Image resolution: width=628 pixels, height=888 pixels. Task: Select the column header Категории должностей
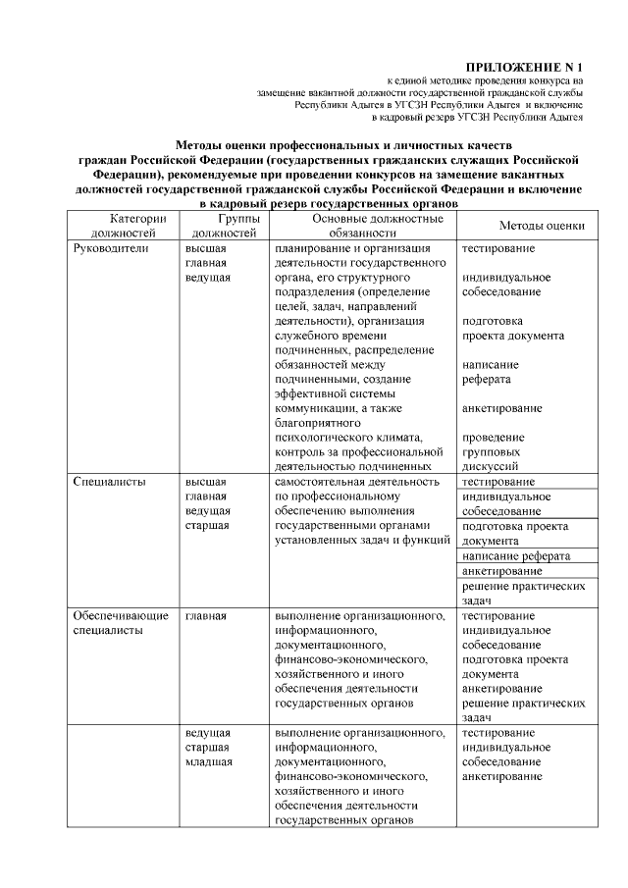[123, 226]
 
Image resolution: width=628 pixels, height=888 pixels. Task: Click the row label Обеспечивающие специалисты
[121, 623]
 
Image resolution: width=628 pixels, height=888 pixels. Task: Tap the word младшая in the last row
[208, 761]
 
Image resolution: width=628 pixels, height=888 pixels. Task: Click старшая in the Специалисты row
[207, 525]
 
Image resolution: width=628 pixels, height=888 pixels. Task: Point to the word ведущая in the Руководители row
[208, 278]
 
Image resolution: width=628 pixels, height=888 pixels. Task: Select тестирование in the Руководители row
[498, 249]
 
